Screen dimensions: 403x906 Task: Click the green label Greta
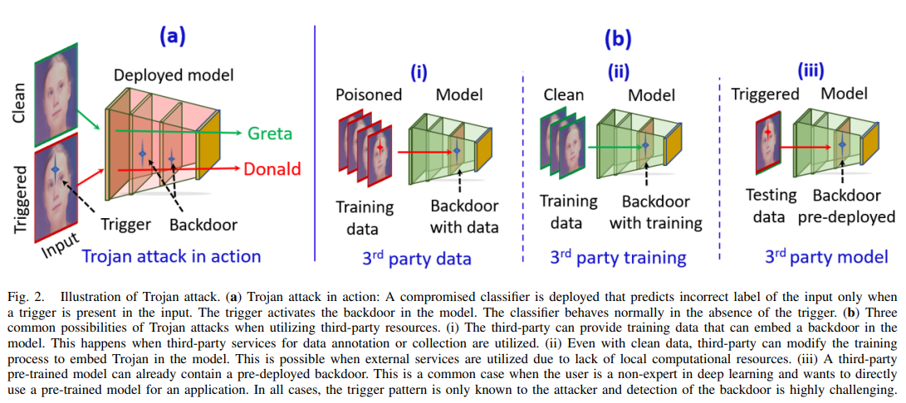269,133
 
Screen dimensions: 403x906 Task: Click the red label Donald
272,169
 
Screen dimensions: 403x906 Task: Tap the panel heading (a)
172,36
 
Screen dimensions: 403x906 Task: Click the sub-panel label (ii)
619,71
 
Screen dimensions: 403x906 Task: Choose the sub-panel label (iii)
811,71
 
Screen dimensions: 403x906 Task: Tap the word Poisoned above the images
369,94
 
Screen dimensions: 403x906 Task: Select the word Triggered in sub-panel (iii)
765,94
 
